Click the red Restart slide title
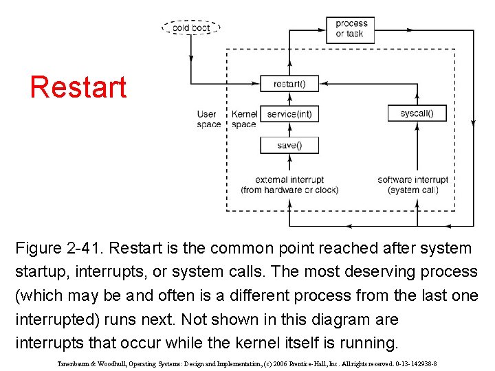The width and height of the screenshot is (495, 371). (x=78, y=87)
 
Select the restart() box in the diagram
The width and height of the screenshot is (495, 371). (x=289, y=84)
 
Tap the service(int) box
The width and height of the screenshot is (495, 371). (x=289, y=113)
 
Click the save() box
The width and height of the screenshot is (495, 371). (x=289, y=145)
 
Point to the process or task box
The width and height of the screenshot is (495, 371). (x=351, y=28)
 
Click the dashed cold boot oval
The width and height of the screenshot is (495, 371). (x=191, y=28)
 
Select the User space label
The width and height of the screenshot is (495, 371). (x=208, y=119)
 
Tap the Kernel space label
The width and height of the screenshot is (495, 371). (x=244, y=119)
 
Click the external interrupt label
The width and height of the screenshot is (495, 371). (x=289, y=180)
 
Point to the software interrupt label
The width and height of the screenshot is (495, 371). (x=412, y=180)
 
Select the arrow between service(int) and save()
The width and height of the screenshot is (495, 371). (x=289, y=129)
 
